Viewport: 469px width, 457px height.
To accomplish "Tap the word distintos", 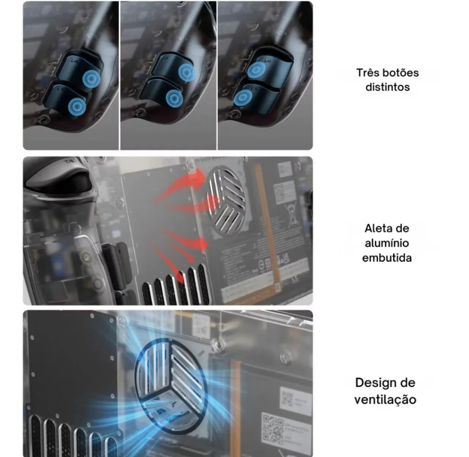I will click(x=387, y=87).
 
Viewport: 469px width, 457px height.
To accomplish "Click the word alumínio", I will click(x=387, y=243).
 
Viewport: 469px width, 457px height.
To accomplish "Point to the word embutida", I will click(x=387, y=258).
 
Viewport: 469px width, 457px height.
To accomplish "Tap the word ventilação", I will click(x=385, y=399).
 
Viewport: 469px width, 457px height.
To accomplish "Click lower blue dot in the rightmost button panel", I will click(x=243, y=98).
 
